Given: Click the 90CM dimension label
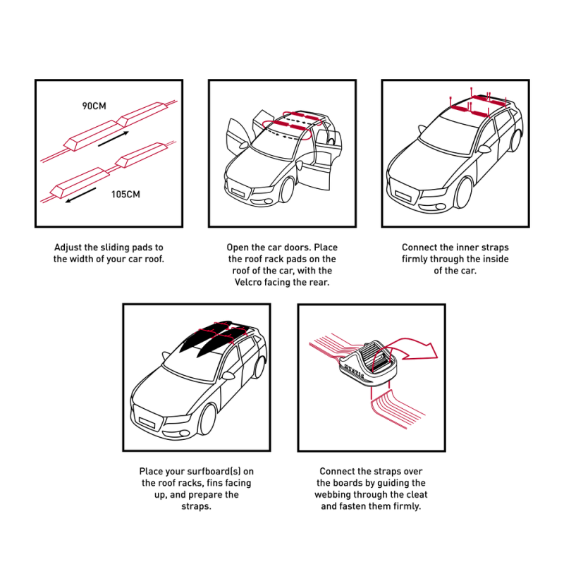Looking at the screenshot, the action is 94,106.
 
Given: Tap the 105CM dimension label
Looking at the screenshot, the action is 125,195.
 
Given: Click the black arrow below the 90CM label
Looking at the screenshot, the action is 114,139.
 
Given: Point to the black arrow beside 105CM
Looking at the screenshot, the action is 80,195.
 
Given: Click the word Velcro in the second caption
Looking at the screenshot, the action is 248,282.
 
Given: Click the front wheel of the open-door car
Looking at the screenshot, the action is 287,190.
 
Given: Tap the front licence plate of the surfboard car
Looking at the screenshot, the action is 147,422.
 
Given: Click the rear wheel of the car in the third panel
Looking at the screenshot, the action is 516,140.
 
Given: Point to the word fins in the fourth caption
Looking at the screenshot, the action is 215,483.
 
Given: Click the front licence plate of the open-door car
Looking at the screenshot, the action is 238,192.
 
